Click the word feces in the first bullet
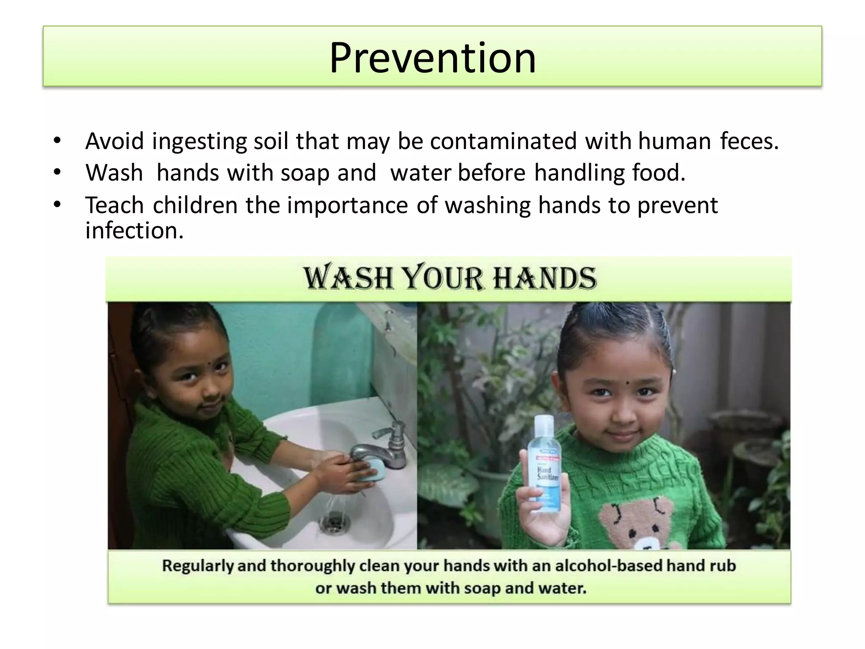tap(749, 141)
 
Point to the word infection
tap(134, 231)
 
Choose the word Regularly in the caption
tap(198, 567)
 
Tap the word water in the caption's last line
tap(565, 588)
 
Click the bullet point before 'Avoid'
tap(57, 140)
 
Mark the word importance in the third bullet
tap(347, 205)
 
